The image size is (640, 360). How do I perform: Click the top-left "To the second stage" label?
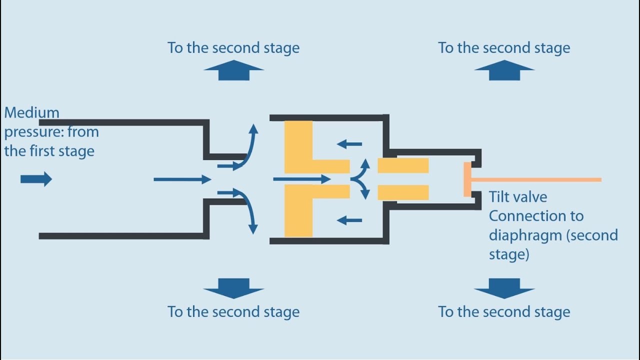tap(233, 48)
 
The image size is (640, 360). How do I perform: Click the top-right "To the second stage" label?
tap(504, 48)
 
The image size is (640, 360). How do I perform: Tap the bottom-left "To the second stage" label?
tap(233, 312)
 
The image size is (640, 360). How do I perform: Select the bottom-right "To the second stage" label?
tap(504, 312)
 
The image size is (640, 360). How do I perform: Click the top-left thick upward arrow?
tap(233, 70)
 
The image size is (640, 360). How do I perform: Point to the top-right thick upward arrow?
tap(504, 70)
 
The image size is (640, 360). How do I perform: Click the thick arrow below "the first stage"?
tap(36, 179)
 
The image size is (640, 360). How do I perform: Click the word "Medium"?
tap(31, 113)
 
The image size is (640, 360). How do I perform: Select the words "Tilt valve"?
tap(518, 197)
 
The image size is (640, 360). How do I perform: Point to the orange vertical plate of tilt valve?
tap(467, 179)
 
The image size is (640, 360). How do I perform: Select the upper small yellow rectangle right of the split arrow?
tap(403, 165)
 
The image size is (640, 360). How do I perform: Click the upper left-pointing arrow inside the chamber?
tap(349, 144)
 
